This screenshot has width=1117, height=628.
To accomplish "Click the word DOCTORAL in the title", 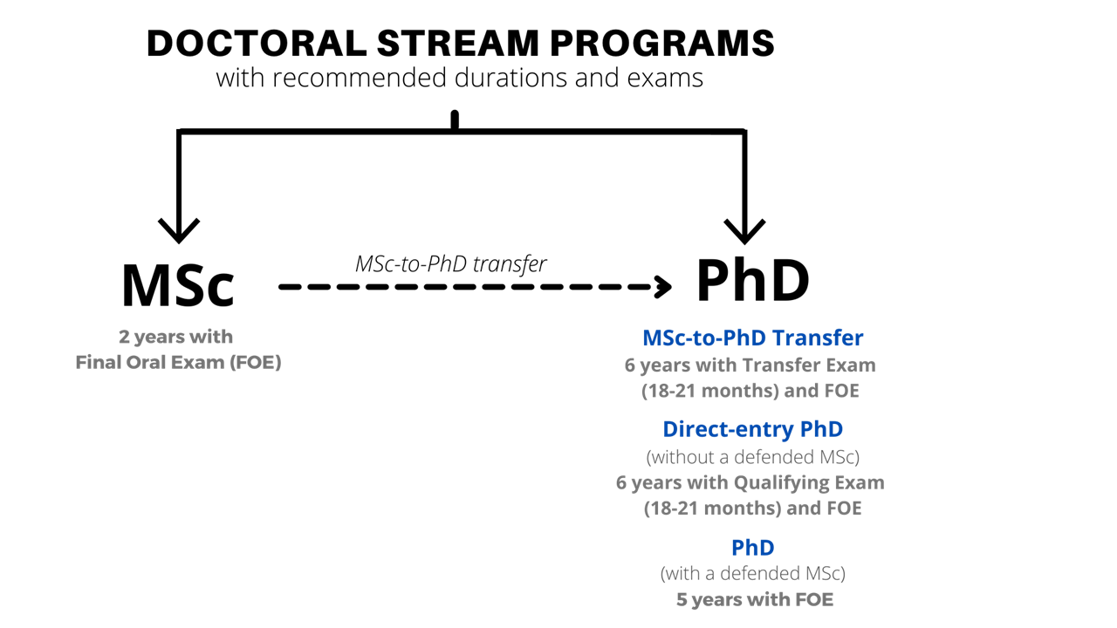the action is [257, 43].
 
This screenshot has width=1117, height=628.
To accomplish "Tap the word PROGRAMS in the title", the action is [662, 43].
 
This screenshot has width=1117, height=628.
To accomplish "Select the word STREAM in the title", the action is [458, 43].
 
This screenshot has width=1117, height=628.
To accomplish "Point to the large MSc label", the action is [178, 285].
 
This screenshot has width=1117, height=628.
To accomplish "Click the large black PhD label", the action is [752, 280].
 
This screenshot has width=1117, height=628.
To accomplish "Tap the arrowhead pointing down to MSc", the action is [179, 230].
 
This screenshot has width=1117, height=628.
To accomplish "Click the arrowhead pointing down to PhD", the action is [744, 231].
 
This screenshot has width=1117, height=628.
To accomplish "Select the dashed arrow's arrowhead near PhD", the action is [663, 287].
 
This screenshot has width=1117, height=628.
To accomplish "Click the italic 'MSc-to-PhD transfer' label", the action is [451, 263].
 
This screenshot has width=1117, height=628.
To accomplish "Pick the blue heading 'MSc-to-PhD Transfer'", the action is [752, 338].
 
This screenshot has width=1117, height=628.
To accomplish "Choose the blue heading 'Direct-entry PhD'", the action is [752, 429].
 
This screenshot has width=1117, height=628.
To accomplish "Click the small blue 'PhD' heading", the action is [752, 548].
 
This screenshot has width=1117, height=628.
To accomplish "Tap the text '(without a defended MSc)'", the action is [752, 456].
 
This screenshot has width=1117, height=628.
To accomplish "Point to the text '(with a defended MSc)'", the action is [752, 573].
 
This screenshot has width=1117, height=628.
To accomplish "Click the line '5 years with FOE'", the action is [755, 599].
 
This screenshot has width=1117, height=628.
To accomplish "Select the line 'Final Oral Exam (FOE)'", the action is [178, 362].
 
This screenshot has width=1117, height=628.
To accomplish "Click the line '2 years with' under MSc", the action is [175, 337].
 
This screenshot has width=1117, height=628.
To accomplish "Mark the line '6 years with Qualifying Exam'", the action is [750, 482].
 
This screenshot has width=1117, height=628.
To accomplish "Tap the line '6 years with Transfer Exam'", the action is [750, 365].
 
